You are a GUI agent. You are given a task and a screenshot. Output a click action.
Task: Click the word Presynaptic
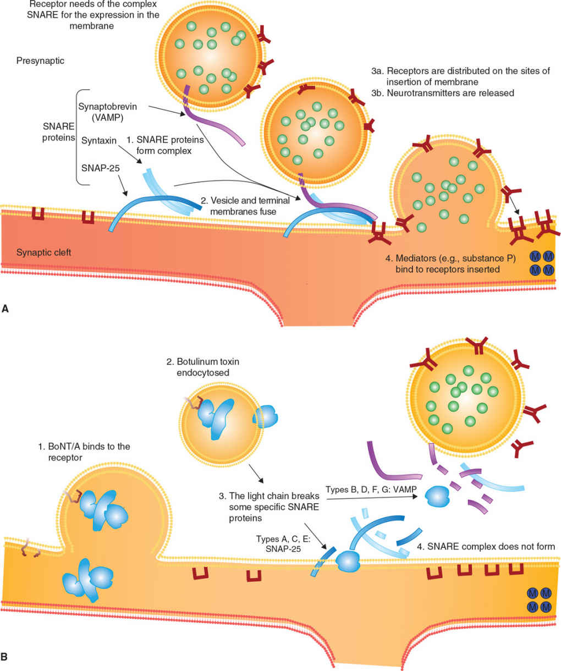[40, 61]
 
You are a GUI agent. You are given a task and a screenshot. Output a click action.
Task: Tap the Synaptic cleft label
[43, 252]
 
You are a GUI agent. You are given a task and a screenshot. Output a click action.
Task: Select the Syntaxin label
[98, 140]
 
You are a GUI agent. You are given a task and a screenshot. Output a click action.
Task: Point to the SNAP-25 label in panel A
[100, 168]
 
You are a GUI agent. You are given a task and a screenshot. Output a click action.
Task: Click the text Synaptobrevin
[107, 106]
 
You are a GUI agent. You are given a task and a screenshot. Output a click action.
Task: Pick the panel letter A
[5, 309]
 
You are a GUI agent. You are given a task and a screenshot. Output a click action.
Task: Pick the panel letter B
[4, 657]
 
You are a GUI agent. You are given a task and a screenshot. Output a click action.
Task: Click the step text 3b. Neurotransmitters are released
[443, 93]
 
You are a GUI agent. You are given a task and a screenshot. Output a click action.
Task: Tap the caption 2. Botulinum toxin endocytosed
[203, 367]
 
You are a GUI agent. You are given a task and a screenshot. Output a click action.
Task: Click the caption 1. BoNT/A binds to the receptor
[84, 452]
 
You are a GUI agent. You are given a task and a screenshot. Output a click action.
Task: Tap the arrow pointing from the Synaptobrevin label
[167, 111]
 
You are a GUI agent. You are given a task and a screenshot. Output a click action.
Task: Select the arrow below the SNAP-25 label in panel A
[123, 185]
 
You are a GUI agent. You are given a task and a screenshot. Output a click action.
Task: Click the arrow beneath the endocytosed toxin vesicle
[256, 474]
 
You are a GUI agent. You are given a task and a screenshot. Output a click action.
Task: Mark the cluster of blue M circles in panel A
[542, 263]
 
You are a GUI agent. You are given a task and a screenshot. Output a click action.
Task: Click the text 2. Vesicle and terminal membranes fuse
[245, 206]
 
